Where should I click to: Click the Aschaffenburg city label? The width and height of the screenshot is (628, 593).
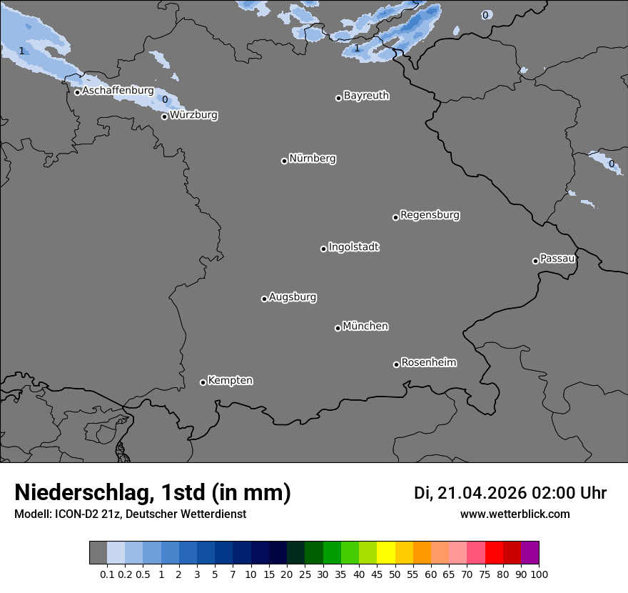[x=118, y=91]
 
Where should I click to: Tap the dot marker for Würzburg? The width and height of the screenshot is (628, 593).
[x=164, y=116]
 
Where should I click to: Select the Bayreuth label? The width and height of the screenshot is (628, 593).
[x=366, y=96]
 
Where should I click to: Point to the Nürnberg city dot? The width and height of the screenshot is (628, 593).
[x=284, y=161]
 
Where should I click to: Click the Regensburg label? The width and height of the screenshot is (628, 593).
[x=430, y=215]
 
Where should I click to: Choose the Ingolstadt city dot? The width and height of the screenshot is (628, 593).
[x=323, y=249]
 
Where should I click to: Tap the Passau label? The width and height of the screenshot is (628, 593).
[x=557, y=259]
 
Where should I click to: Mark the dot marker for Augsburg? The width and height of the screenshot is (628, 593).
[x=264, y=299]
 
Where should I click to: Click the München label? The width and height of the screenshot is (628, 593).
[x=365, y=327]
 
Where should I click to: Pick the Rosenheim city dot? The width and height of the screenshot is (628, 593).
[x=396, y=364]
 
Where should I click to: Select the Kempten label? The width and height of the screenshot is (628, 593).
[x=230, y=381]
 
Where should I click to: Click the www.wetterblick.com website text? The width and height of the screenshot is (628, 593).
[x=515, y=514]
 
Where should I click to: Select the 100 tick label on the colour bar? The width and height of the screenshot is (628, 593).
[x=539, y=574]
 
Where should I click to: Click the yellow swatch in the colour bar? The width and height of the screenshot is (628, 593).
[x=386, y=553]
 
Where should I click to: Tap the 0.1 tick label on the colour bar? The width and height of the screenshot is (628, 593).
[x=107, y=574]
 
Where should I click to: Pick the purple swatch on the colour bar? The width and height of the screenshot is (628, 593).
[x=530, y=553]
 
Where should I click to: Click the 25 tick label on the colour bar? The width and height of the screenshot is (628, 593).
[x=305, y=574]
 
